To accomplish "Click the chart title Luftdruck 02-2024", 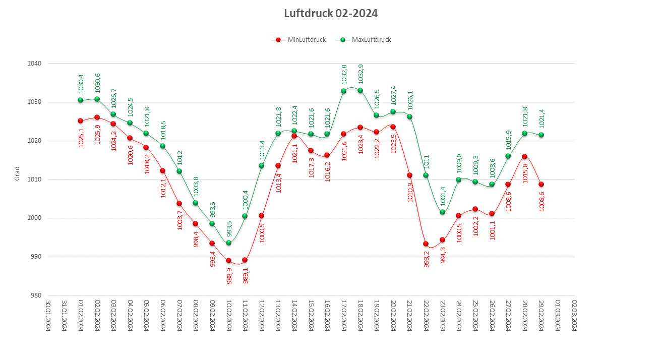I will pyautogui.click(x=331, y=14).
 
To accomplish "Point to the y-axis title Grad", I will pyautogui.click(x=17, y=173).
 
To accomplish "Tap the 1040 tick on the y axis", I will pyautogui.click(x=35, y=64).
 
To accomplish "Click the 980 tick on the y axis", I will pyautogui.click(x=36, y=295).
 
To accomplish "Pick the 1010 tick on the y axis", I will pyautogui.click(x=35, y=179).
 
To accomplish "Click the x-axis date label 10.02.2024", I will pyautogui.click(x=228, y=316).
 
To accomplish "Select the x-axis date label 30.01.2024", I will pyautogui.click(x=48, y=316).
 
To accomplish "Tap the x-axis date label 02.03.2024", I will pyautogui.click(x=574, y=316).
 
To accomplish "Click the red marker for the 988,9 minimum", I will pyautogui.click(x=228, y=261).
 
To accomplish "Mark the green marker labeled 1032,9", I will pyautogui.click(x=360, y=90).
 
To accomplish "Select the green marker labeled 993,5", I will pyautogui.click(x=228, y=243).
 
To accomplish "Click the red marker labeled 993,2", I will pyautogui.click(x=426, y=244).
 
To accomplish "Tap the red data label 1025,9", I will pyautogui.click(x=97, y=134).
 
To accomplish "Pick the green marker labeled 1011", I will pyautogui.click(x=426, y=175).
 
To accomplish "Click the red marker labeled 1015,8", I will pyautogui.click(x=524, y=156).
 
